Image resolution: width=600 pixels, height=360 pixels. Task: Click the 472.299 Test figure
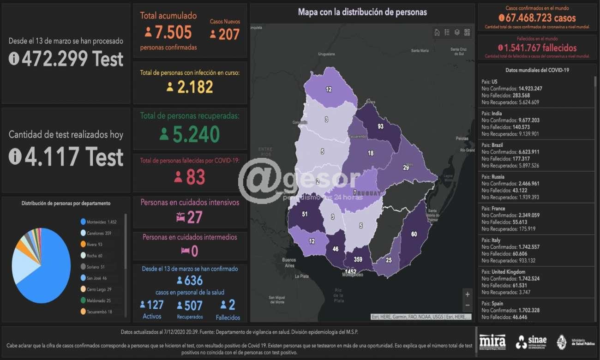click(x=66, y=59)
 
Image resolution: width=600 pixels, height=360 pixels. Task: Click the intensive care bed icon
click(x=179, y=217)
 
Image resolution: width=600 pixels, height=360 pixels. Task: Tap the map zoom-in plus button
click(x=468, y=294)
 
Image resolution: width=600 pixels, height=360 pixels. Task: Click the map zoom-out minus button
click(x=468, y=305)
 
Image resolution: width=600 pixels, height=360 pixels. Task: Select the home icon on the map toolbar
click(x=437, y=32)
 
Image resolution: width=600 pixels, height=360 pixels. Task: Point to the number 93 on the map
click(x=380, y=126)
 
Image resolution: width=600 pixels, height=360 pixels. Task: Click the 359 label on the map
click(x=358, y=259)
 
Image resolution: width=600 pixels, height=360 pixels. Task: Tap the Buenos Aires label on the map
click(x=289, y=263)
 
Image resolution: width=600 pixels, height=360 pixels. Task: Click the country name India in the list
click(x=496, y=113)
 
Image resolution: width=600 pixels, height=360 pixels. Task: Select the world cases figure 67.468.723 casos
click(x=537, y=18)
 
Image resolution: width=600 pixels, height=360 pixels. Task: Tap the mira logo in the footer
click(x=492, y=342)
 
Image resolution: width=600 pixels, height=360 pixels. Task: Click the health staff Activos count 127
click(x=152, y=305)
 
